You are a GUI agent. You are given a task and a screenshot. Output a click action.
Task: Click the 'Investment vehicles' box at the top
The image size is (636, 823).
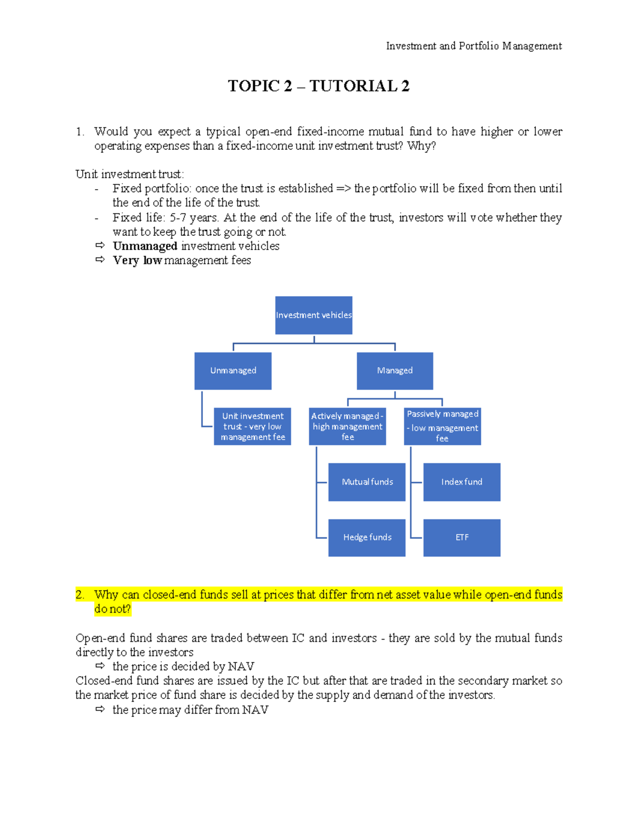click(x=314, y=315)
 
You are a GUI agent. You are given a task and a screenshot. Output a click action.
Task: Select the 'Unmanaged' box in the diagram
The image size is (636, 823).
click(x=233, y=371)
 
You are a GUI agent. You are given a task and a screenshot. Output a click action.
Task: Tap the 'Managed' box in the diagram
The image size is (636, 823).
click(x=395, y=371)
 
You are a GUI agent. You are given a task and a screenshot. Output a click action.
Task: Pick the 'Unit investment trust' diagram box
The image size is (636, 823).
click(x=252, y=427)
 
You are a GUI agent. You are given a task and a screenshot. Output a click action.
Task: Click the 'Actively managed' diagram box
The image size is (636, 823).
click(x=347, y=427)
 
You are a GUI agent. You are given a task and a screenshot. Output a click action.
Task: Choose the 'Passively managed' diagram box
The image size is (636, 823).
click(x=443, y=427)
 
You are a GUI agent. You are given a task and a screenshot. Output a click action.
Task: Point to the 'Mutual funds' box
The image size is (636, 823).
click(x=367, y=482)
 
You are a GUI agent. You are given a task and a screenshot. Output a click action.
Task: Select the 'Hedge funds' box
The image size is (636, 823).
click(x=367, y=538)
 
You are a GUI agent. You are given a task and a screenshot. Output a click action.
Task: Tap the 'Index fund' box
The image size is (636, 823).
click(x=462, y=482)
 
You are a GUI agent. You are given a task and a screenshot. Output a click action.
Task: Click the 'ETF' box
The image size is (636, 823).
click(x=462, y=538)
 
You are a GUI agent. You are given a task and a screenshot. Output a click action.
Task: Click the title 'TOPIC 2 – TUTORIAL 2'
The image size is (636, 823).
click(x=319, y=86)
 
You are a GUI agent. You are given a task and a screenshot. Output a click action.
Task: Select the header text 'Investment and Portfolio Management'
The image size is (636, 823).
click(x=474, y=46)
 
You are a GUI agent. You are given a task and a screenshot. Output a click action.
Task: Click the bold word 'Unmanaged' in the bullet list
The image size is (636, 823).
click(x=145, y=246)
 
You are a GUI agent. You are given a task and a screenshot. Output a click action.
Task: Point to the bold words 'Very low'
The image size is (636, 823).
click(x=137, y=260)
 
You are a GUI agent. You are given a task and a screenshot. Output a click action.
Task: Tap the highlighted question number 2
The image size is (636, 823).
click(x=80, y=595)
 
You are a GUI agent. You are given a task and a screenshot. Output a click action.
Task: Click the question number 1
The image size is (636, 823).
click(x=80, y=131)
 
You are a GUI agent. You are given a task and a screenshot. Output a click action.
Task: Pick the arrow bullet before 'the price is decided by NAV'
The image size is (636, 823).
click(x=100, y=666)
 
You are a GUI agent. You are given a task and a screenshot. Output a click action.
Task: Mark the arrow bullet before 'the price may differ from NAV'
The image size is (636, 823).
click(x=100, y=710)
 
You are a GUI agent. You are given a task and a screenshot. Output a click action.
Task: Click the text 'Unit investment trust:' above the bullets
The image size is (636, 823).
click(x=130, y=174)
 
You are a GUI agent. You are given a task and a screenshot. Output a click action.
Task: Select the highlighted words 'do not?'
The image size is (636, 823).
click(x=112, y=609)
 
